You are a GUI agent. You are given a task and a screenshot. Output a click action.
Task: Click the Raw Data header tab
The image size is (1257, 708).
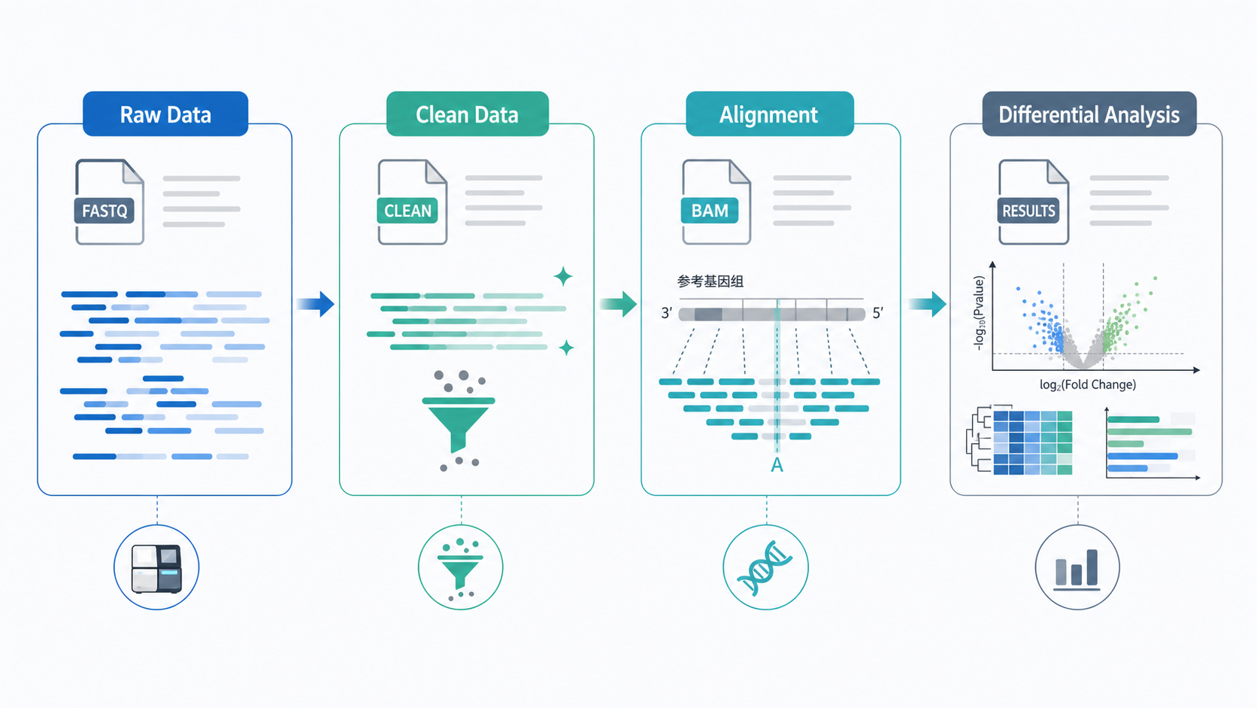point(165,114)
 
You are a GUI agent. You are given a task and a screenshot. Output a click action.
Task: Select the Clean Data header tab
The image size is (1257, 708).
point(468,114)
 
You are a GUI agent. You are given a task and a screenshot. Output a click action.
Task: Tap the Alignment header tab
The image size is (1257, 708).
point(769,114)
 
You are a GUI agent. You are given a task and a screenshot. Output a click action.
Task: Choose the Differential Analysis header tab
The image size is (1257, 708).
point(1089,114)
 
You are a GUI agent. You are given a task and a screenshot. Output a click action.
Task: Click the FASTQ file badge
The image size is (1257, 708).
point(104,211)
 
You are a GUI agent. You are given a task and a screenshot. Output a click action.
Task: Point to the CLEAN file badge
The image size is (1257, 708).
point(407,211)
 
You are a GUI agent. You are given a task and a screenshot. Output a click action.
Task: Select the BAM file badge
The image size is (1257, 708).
point(709,211)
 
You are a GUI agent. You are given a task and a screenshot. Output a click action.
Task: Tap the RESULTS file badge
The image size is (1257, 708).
point(1028,211)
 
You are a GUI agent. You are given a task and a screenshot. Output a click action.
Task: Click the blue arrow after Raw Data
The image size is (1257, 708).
point(316,304)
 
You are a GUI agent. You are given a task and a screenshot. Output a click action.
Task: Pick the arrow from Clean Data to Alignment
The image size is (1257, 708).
point(619,304)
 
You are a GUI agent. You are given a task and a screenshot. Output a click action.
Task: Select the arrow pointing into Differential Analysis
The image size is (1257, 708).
point(928,304)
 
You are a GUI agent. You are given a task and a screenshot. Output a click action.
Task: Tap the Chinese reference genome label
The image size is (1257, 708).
point(710,281)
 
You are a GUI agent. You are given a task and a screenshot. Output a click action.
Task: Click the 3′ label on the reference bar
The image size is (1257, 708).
point(666,313)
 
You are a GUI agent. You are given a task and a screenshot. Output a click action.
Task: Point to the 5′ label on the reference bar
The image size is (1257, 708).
point(877,313)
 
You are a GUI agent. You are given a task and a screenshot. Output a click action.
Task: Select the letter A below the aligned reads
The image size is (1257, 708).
point(777,465)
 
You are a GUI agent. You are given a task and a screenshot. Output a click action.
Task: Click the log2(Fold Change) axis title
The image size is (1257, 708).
point(1088,384)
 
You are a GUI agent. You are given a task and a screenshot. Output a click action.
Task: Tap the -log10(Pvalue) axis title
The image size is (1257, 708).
point(979,313)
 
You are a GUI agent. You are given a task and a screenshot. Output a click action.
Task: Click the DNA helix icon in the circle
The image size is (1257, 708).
point(765,567)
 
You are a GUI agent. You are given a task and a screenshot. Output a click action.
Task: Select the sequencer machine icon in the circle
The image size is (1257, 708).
point(156,568)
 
